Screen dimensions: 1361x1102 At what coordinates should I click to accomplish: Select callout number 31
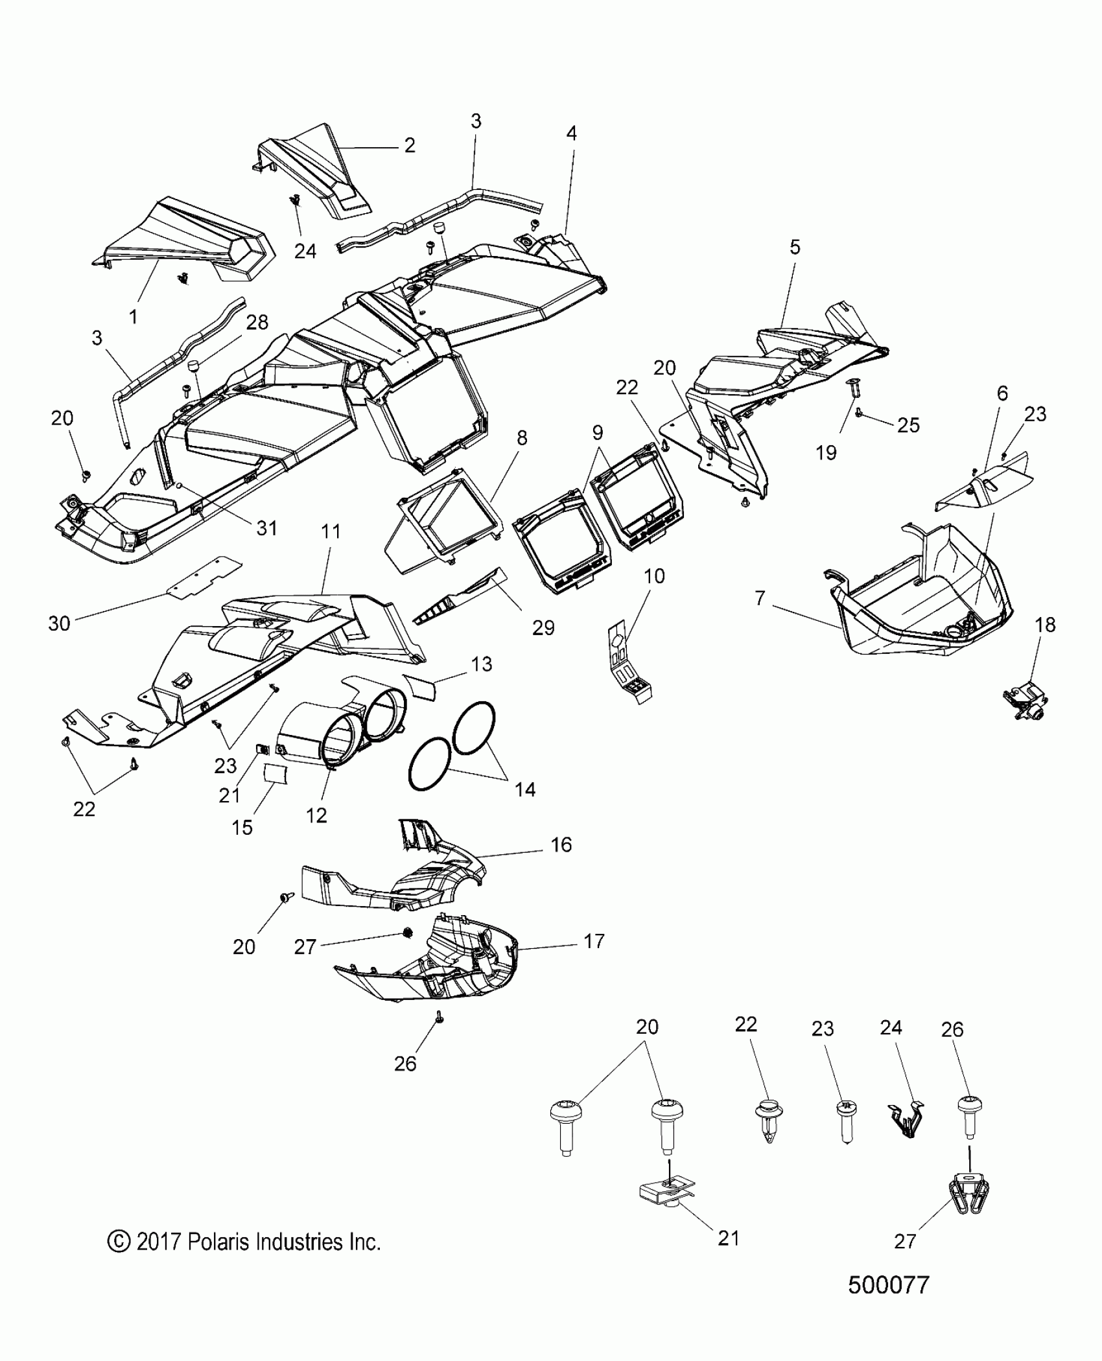click(x=267, y=528)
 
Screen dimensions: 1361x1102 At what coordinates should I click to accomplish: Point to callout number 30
click(x=59, y=623)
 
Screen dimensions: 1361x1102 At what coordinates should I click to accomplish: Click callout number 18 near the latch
click(x=1045, y=625)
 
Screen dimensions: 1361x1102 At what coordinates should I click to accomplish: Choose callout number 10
click(x=654, y=576)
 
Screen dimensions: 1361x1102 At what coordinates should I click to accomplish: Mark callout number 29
click(x=543, y=627)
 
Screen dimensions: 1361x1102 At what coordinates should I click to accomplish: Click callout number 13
click(x=482, y=664)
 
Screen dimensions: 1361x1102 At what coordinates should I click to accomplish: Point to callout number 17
click(x=594, y=941)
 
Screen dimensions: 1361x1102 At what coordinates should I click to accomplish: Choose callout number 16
click(x=561, y=845)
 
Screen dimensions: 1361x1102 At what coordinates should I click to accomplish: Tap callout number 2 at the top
click(x=409, y=145)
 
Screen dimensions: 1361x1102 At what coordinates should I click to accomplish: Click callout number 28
click(x=257, y=322)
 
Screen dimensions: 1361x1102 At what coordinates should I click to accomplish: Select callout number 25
click(x=908, y=425)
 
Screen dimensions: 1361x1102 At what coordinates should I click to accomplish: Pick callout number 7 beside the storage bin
click(x=760, y=598)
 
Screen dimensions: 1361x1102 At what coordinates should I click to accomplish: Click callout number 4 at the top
click(x=571, y=133)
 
